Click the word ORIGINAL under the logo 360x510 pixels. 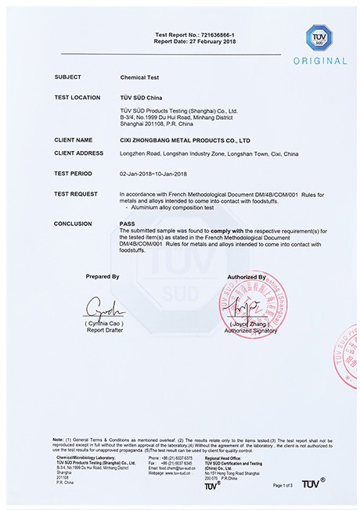[x=319, y=61]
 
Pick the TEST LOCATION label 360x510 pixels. [x=77, y=96]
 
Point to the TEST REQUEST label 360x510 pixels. [x=76, y=192]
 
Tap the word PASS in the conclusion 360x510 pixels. [x=127, y=223]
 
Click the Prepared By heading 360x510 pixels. [x=103, y=277]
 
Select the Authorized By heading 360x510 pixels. [x=247, y=277]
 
